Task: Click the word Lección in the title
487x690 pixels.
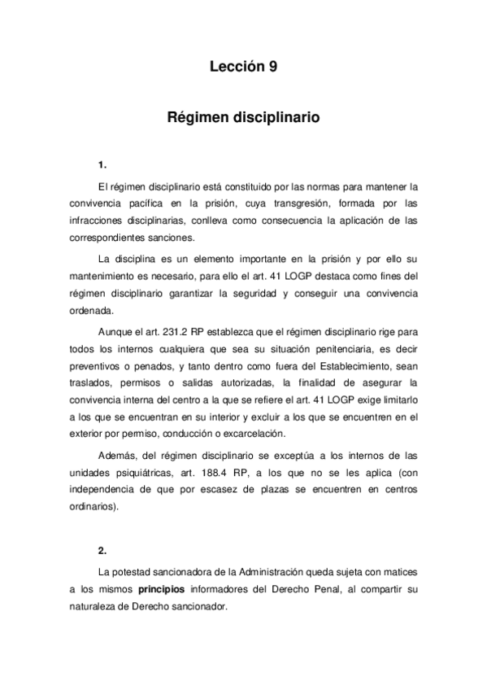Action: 234,68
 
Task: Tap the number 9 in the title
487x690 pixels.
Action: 273,68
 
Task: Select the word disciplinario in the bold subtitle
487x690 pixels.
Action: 276,118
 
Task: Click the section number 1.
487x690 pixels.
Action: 102,168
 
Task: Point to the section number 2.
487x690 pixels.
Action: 102,550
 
